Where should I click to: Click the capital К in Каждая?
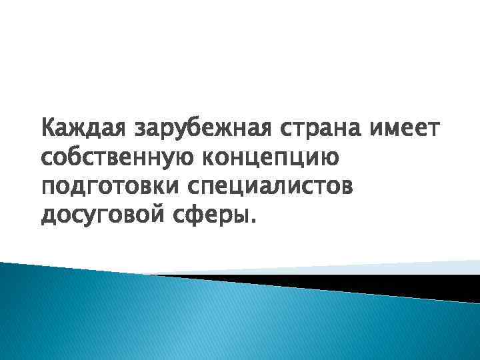(48, 127)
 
